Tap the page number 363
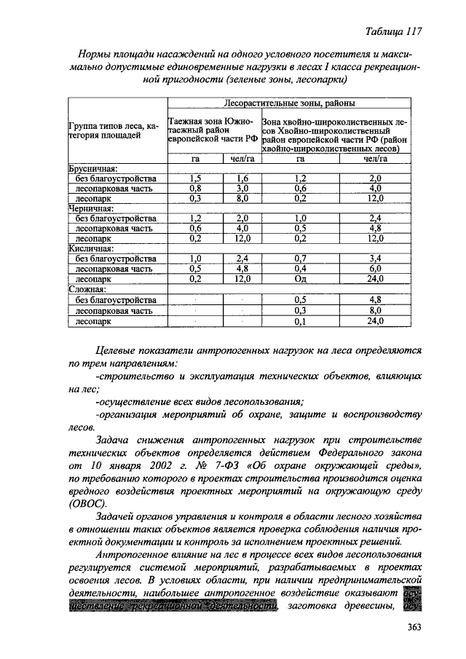(413, 628)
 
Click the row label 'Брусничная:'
(93, 167)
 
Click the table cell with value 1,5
(194, 178)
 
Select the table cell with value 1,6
(242, 178)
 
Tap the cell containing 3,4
(375, 259)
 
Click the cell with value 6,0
(375, 269)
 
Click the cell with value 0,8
(194, 188)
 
